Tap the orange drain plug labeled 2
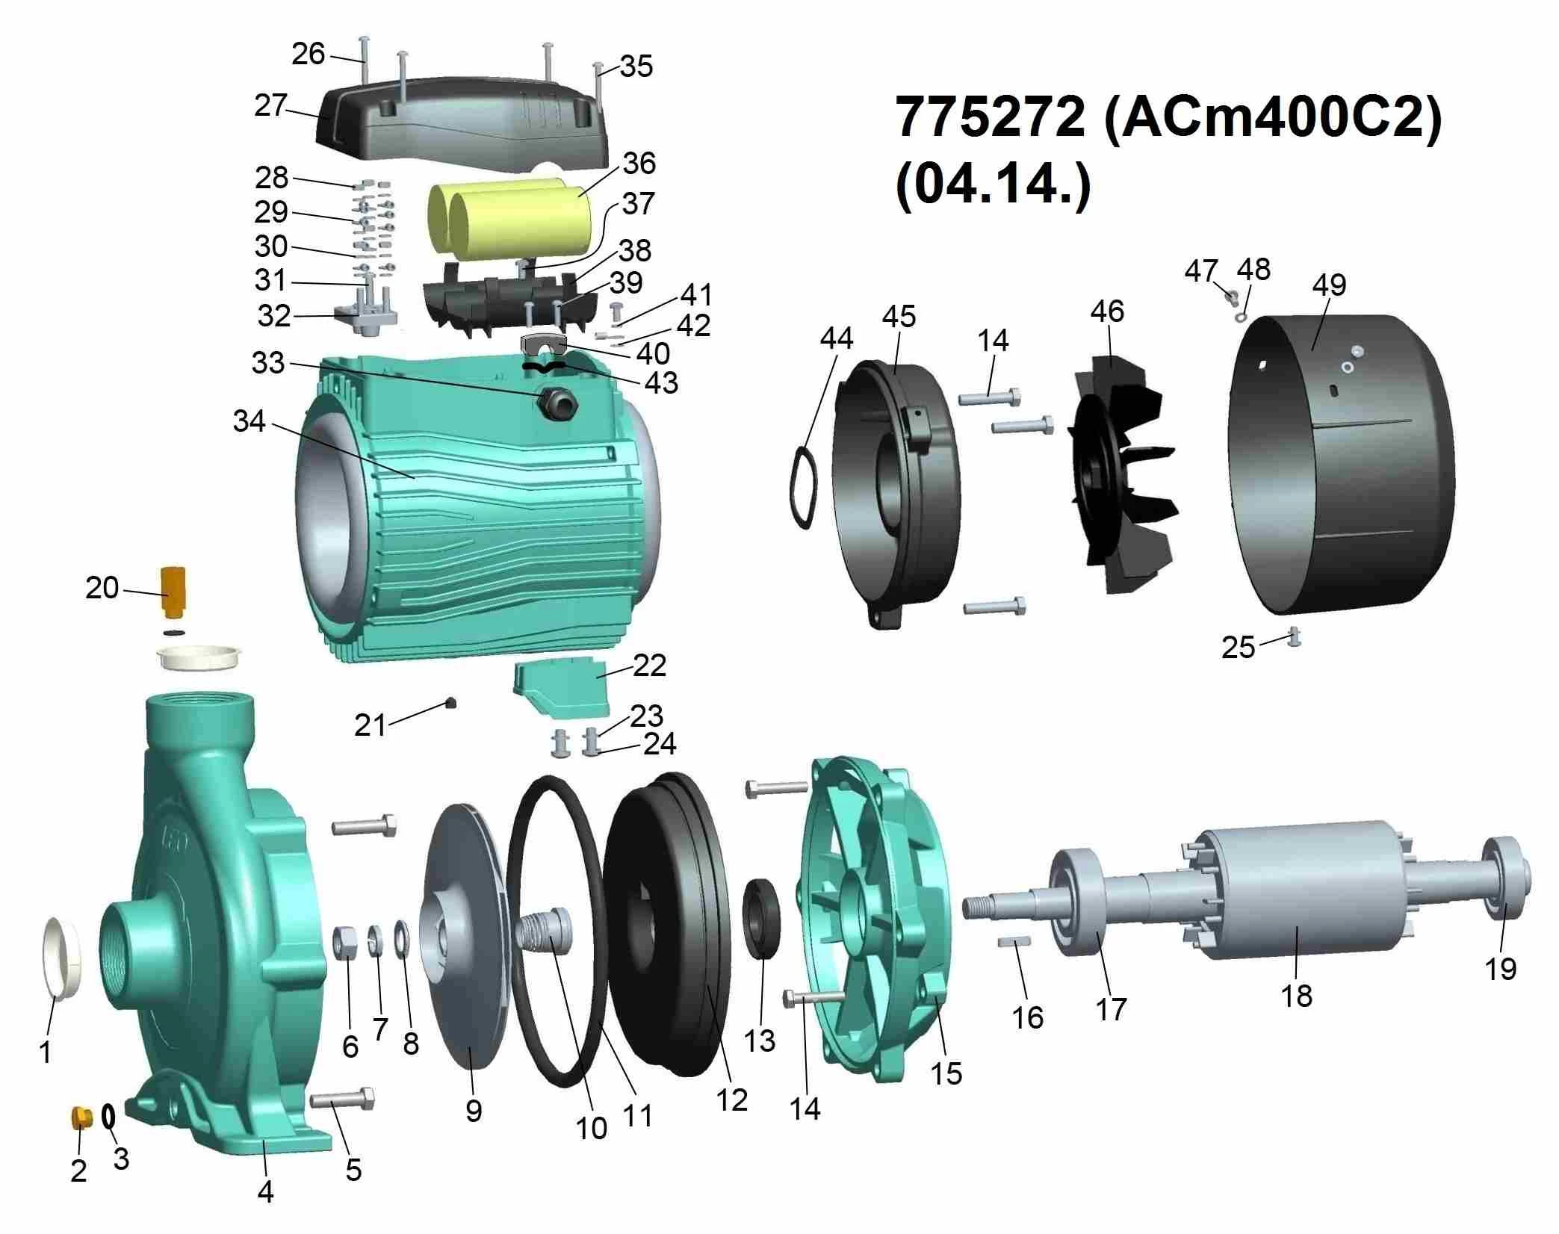click(81, 1117)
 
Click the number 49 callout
click(1329, 285)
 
